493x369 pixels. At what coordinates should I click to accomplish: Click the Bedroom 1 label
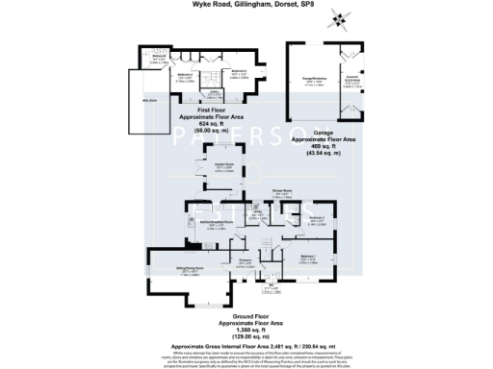pyautogui.click(x=307, y=257)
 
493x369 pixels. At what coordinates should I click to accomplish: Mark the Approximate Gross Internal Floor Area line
pyautogui.click(x=246, y=344)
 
